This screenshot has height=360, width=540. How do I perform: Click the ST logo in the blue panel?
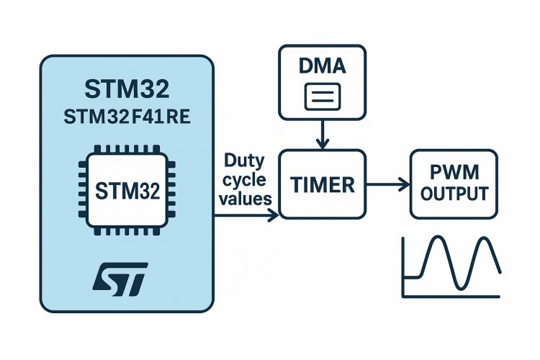pos(121,277)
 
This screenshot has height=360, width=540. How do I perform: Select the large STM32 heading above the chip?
pos(127,90)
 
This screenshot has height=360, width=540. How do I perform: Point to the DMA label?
pos(322,68)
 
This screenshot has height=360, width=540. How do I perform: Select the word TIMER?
pos(323,185)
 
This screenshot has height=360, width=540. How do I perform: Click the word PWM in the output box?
pos(454,174)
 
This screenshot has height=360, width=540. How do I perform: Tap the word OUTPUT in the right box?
pos(454,194)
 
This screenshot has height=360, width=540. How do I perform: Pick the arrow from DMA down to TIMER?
pos(323,133)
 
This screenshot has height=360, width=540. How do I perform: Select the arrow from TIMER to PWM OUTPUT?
pos(388,185)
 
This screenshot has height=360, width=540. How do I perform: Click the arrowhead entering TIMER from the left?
pos(274,214)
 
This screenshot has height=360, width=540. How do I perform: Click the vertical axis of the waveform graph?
pos(402,266)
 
